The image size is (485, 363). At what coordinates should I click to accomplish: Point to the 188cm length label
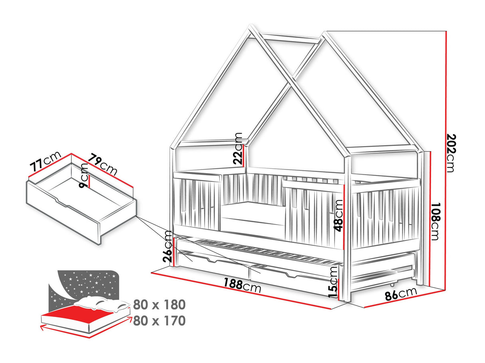pos(242,285)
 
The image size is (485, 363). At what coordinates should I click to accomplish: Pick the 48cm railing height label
pos(338,215)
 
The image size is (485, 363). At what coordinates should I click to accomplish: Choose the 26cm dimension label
pos(167,246)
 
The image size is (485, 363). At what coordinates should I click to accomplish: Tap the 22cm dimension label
pos(238,148)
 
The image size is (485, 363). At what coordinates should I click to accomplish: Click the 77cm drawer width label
pos(45,162)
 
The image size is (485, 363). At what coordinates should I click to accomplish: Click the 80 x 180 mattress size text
pos(159,305)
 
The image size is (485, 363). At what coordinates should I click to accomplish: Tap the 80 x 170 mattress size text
pos(159,321)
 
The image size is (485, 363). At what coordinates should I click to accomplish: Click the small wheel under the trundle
pos(392,285)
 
